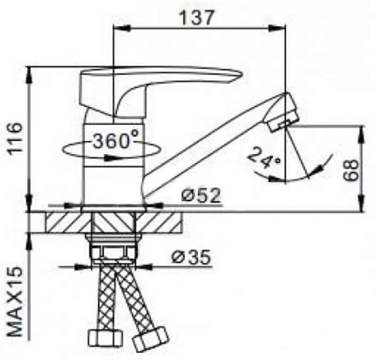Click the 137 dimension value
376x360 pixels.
pyautogui.click(x=196, y=18)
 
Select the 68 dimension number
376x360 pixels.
pyautogui.click(x=350, y=170)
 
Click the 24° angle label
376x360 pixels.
pyautogui.click(x=264, y=157)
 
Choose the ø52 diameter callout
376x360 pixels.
pyautogui.click(x=201, y=196)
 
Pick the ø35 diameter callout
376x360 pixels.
pyautogui.click(x=191, y=257)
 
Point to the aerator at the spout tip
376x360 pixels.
pyautogui.click(x=282, y=112)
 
